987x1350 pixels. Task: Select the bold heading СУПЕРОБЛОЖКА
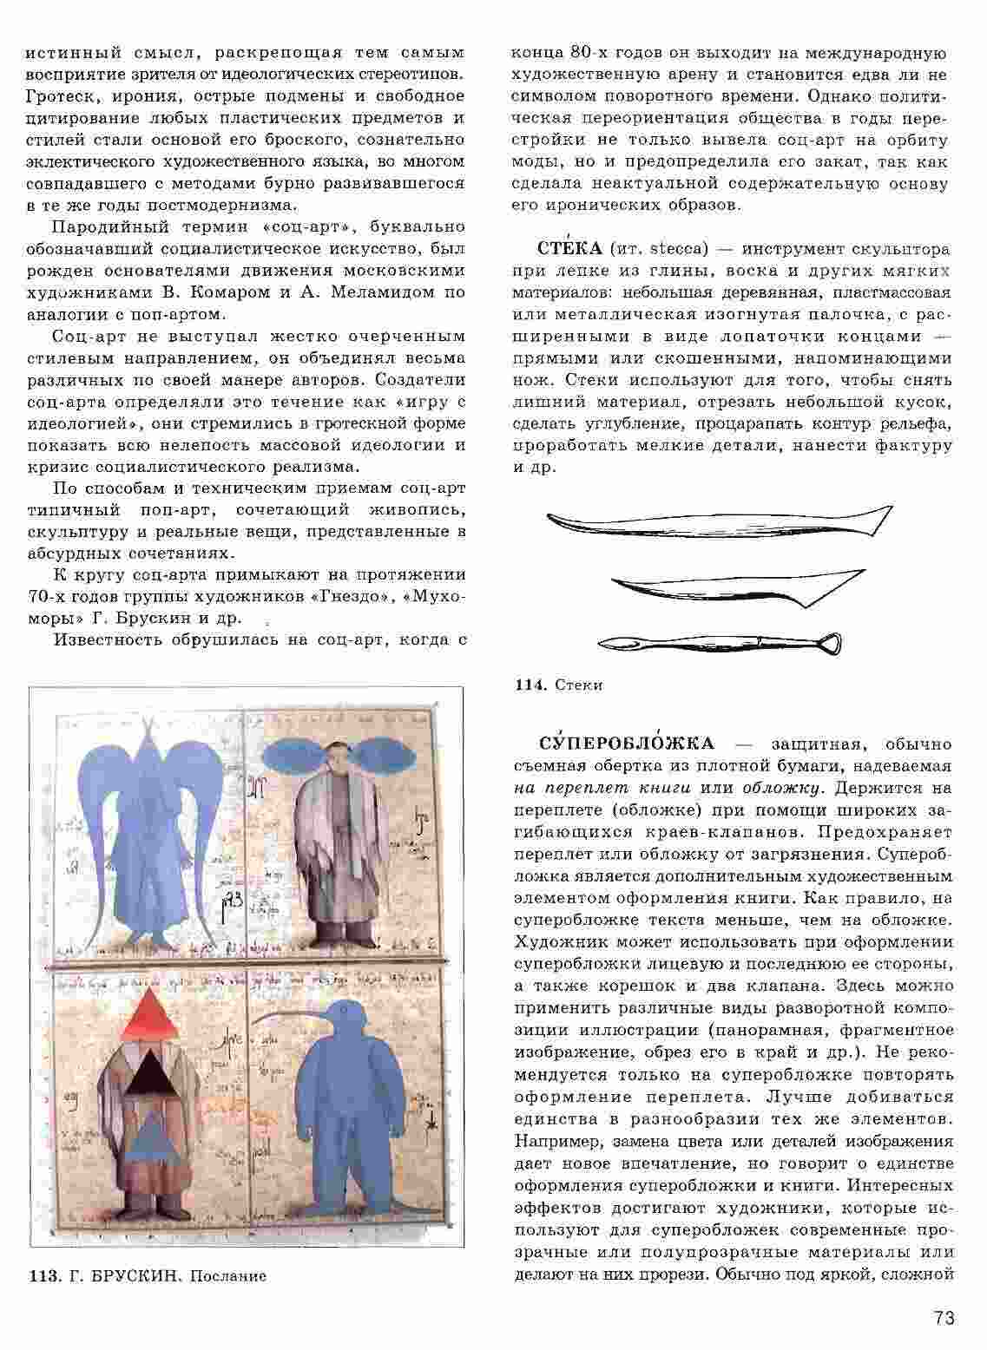(x=627, y=744)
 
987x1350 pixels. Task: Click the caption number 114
(x=529, y=685)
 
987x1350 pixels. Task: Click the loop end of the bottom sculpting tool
(x=828, y=642)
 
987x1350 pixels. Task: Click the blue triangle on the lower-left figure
(x=153, y=1134)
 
